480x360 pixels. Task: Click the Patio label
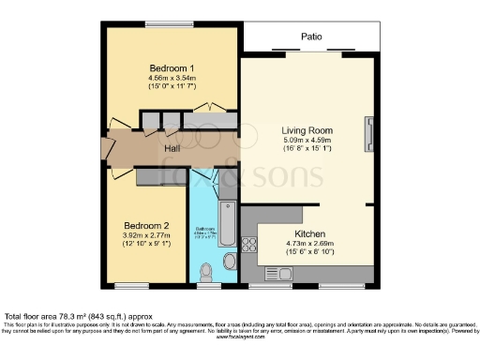tap(312, 38)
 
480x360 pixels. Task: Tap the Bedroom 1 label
tap(172, 67)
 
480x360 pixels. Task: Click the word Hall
tap(172, 147)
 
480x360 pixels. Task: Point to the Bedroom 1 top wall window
tap(172, 25)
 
